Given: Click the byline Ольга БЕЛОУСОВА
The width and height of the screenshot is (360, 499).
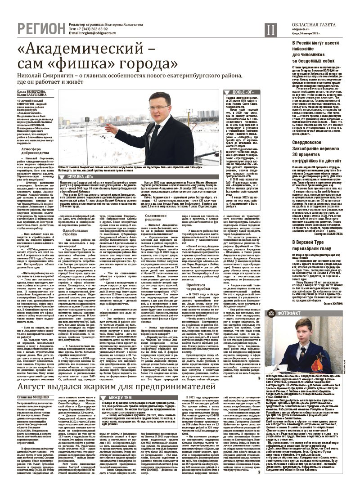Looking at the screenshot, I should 31,92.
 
